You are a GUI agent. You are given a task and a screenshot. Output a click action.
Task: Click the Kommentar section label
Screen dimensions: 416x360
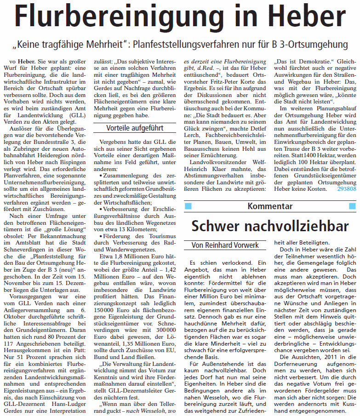270,206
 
